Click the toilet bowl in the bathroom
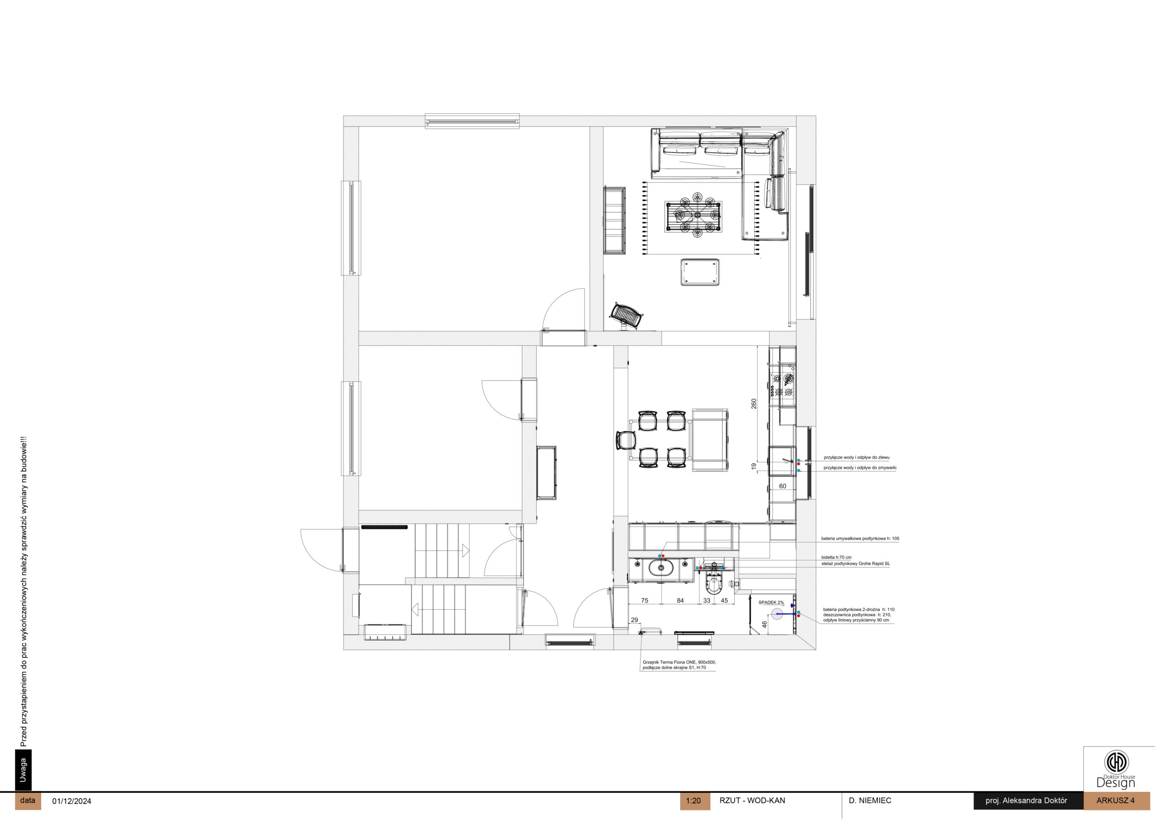[714, 585]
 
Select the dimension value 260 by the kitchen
[754, 403]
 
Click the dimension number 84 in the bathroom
[680, 601]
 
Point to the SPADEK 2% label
[771, 602]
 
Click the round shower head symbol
[777, 614]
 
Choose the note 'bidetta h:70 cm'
[836, 557]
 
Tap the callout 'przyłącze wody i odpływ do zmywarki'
[860, 468]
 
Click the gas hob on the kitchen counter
[782, 385]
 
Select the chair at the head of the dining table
[626, 440]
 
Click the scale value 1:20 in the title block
[693, 800]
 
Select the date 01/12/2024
[72, 801]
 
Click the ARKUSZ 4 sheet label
[1115, 800]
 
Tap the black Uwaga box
[23, 770]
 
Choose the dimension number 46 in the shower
[764, 624]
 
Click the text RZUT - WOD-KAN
[752, 800]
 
